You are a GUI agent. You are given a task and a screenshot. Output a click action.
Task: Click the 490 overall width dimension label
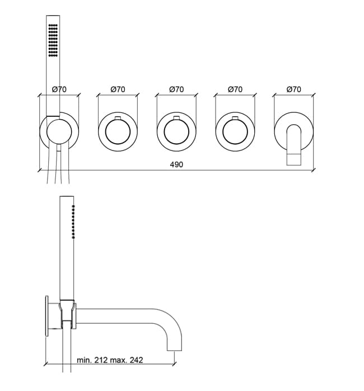[x=176, y=164]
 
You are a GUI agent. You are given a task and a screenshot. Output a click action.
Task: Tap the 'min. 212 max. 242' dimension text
[x=110, y=360]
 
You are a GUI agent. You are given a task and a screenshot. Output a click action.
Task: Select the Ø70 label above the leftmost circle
[x=59, y=89]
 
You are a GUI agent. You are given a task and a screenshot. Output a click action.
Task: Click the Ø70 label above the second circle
[x=118, y=89]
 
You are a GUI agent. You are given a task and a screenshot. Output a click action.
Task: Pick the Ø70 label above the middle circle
[x=176, y=89]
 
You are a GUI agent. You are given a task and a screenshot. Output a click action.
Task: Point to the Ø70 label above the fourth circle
[x=235, y=89]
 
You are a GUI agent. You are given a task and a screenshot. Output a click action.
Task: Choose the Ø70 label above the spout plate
[x=294, y=89]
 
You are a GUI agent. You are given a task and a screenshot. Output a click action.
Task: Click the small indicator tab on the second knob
[x=118, y=118]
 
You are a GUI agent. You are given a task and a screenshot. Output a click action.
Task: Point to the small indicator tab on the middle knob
[x=176, y=118]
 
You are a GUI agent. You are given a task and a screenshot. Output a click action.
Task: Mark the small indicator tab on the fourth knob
[x=235, y=118]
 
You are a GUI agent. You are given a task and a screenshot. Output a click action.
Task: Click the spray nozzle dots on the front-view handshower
[x=53, y=40]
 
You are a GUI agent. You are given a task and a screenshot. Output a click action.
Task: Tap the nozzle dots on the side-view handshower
[x=73, y=222]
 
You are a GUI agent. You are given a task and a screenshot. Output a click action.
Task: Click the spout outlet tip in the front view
[x=294, y=159]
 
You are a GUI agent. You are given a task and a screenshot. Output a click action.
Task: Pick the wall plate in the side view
[x=46, y=316]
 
